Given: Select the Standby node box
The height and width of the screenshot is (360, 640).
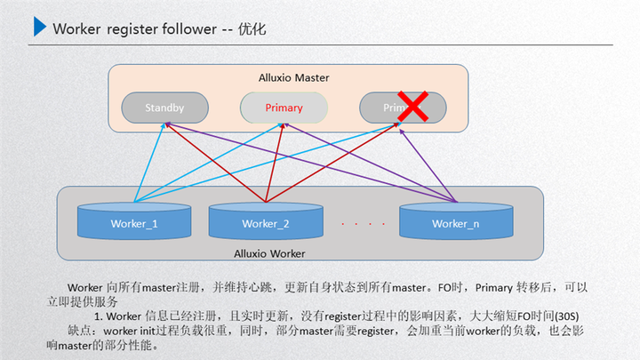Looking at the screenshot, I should [x=164, y=108].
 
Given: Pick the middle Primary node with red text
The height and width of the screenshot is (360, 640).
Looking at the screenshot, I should [x=284, y=108].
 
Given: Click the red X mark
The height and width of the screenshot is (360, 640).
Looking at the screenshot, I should [x=412, y=107].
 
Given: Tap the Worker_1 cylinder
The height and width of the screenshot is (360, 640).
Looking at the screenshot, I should [x=134, y=222].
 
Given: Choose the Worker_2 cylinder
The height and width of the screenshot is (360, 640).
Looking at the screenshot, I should [x=265, y=222].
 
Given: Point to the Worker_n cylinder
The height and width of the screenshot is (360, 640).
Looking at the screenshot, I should [x=455, y=222].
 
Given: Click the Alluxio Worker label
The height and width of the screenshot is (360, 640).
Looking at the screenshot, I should [x=269, y=254].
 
